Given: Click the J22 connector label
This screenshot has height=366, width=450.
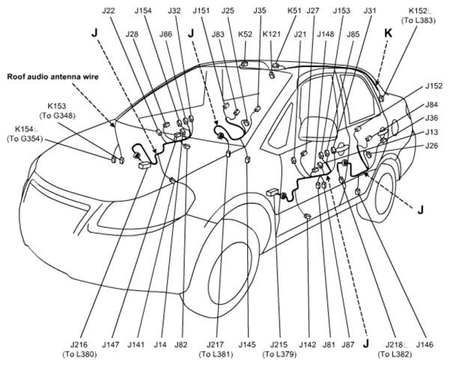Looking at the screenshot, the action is [109, 11].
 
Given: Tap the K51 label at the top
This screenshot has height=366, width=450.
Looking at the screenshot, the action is [294, 11].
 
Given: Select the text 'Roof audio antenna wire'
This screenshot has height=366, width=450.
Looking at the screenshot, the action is [53, 77].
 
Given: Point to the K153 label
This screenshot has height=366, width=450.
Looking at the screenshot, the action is [57, 106].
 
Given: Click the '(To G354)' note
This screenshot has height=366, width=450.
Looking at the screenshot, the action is [25, 139].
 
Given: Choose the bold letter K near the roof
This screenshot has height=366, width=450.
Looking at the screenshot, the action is [388, 34].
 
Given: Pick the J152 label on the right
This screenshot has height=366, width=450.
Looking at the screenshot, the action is [434, 86].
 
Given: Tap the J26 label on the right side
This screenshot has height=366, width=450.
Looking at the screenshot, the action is [431, 146].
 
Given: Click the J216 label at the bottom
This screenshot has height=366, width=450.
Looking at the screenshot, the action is [79, 344].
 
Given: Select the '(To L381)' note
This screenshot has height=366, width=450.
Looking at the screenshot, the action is [216, 354].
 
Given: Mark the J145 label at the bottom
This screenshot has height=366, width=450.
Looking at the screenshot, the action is [247, 344].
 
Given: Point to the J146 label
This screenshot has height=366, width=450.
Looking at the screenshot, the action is [425, 344].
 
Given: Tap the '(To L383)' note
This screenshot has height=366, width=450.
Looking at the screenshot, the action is [419, 20].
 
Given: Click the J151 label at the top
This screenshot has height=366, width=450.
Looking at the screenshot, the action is [201, 11].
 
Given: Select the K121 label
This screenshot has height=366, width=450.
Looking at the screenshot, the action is [272, 34].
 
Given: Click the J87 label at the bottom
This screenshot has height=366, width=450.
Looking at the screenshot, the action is [348, 344].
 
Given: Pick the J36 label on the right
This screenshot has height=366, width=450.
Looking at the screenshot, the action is [431, 118].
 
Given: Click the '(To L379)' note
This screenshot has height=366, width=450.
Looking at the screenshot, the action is [279, 354].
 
